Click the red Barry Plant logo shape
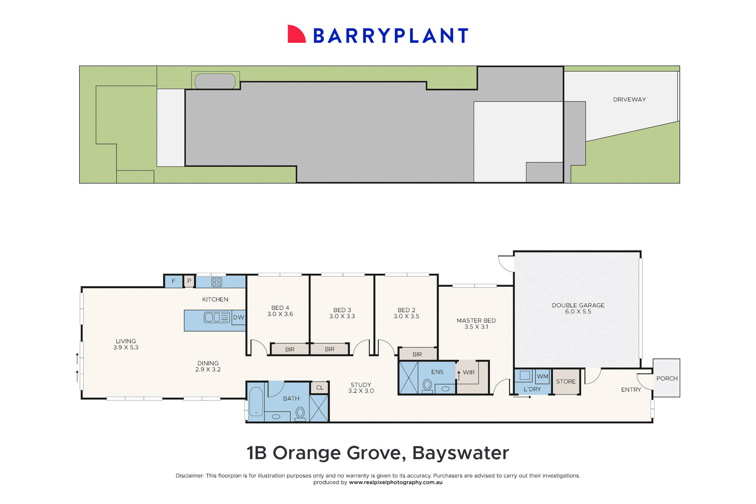296,35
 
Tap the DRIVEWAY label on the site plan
629,100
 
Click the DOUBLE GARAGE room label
578,308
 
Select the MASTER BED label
476,323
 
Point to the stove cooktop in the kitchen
217,282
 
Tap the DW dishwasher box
239,317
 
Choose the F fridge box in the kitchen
173,281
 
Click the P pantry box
189,281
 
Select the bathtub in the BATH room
256,401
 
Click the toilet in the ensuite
427,385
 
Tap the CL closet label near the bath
320,387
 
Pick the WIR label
469,372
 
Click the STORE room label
565,381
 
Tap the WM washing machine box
542,376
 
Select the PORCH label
667,378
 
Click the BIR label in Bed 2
417,354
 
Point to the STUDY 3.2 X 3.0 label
361,387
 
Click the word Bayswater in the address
460,453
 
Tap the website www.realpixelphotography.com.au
395,482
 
